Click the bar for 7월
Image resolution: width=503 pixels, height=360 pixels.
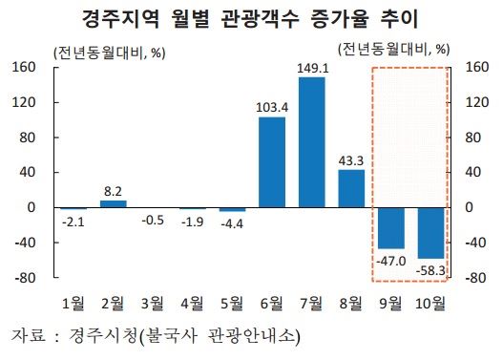pos(311,141)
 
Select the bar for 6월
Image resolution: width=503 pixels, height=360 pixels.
pos(272,161)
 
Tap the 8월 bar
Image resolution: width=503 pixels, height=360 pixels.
pos(351,188)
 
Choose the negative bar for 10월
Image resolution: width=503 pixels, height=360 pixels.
pos(430,232)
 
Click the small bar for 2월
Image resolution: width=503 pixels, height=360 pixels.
pos(114,203)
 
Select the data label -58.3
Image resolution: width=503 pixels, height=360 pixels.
pos(430,271)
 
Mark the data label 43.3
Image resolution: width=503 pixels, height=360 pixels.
pos(351,160)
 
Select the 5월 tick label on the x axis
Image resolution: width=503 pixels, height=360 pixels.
pos(232,304)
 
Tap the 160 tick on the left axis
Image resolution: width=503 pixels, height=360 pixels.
pos(24,67)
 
